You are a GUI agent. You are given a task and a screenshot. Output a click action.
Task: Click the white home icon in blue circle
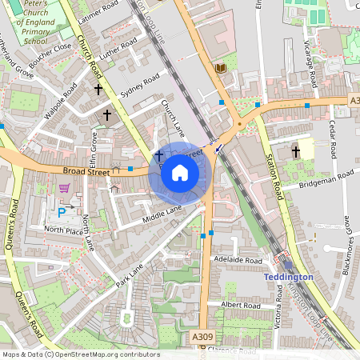[180, 173]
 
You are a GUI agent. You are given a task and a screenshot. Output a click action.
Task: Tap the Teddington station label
[288, 277]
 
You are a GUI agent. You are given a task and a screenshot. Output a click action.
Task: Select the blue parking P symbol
[62, 212]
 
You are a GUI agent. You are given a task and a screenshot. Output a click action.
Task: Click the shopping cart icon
[64, 189]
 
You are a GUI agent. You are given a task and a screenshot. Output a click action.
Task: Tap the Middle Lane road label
[162, 212]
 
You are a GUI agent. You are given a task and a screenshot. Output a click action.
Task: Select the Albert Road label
[241, 306]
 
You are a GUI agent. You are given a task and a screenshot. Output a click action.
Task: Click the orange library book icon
[221, 68]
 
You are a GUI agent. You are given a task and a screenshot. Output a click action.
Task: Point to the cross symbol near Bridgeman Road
[295, 150]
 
